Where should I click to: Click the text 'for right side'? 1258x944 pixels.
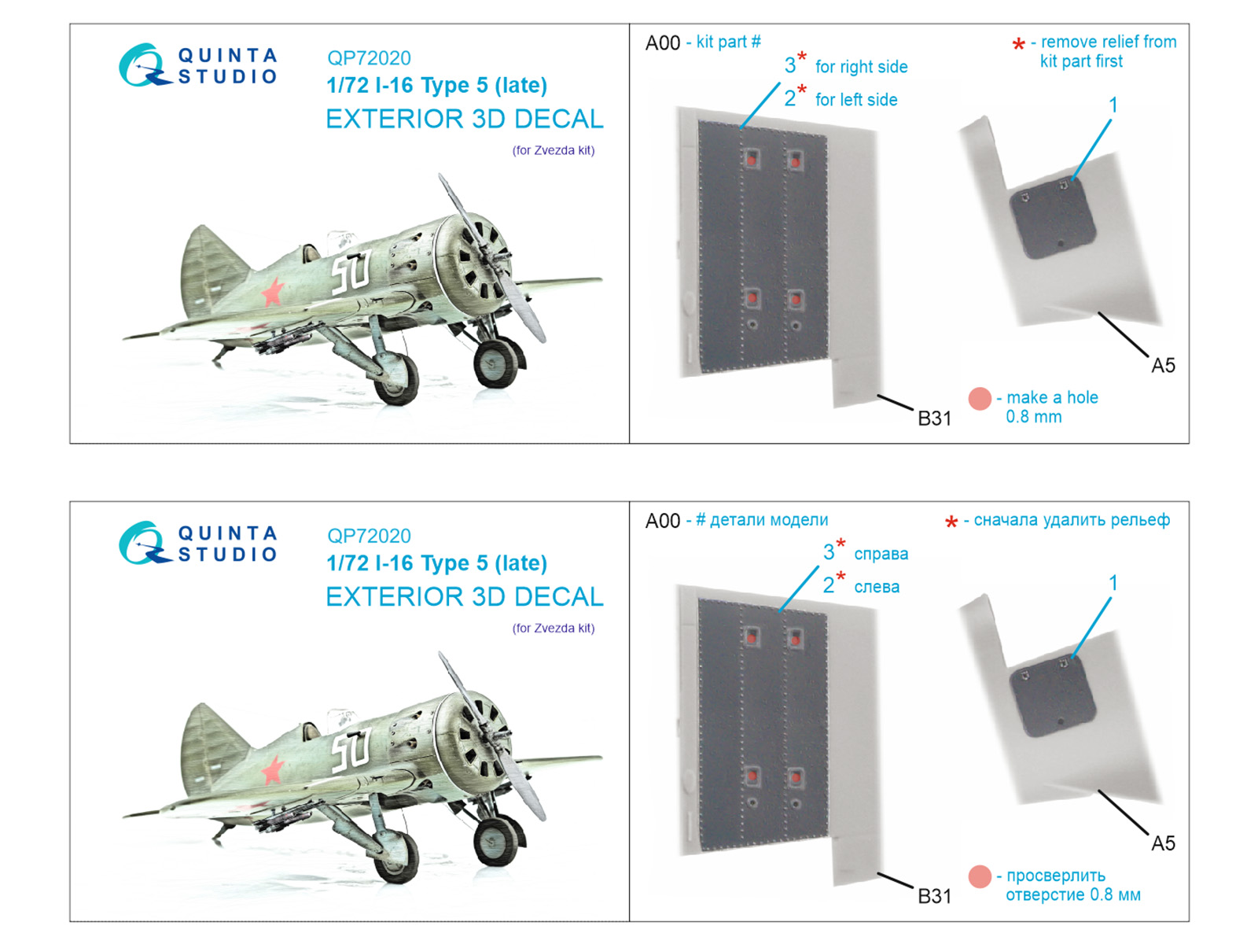click(x=861, y=68)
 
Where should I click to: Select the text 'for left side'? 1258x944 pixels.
click(x=856, y=100)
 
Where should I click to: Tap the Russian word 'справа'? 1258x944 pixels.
click(x=881, y=555)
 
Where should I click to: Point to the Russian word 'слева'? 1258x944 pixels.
click(x=877, y=587)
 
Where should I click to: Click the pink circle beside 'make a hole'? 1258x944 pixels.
click(x=980, y=399)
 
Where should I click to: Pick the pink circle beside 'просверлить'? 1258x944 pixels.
click(x=980, y=876)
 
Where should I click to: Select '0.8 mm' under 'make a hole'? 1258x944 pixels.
click(x=1033, y=417)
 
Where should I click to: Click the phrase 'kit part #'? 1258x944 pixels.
click(x=728, y=42)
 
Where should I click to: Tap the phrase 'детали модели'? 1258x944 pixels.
click(x=768, y=520)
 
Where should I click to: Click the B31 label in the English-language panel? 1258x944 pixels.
click(x=934, y=419)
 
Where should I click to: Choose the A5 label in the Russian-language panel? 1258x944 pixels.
click(x=1163, y=843)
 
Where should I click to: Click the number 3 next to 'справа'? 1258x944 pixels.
click(x=829, y=552)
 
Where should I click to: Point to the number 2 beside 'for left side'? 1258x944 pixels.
click(x=790, y=98)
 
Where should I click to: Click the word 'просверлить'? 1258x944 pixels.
click(x=1055, y=876)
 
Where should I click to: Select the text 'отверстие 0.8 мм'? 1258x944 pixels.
click(x=1072, y=895)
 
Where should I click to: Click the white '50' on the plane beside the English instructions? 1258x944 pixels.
click(x=351, y=272)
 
